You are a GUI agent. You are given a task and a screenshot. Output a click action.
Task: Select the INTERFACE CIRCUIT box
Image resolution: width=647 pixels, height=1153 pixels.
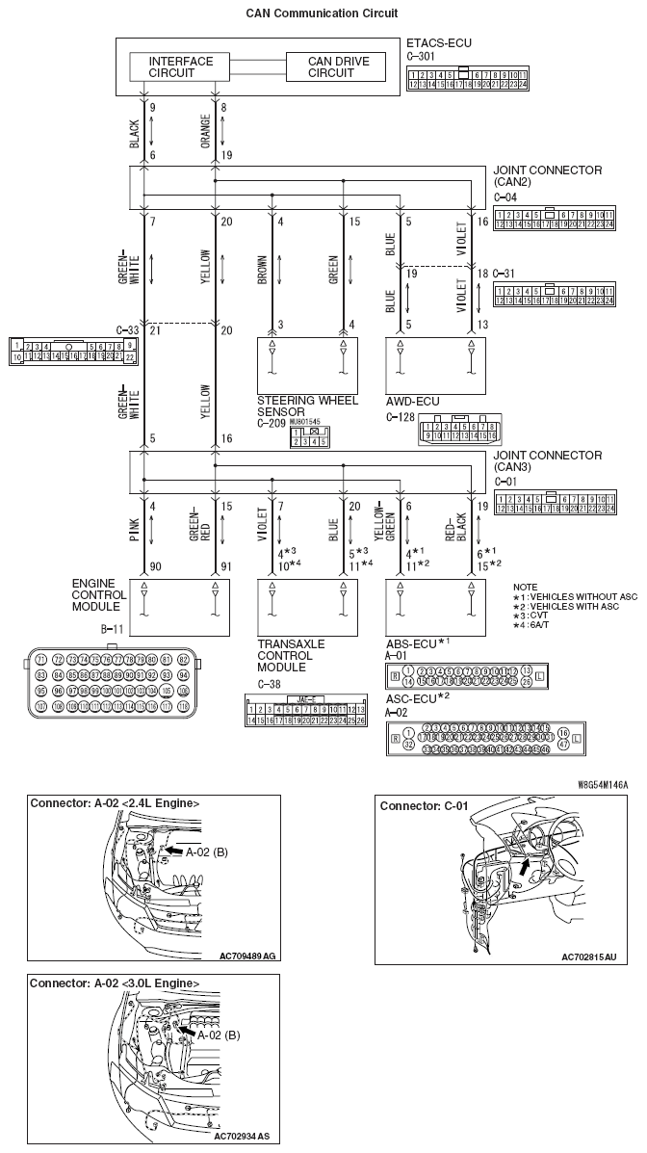181,66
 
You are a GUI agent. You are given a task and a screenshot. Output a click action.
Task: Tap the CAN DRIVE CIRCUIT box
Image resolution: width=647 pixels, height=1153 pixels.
333,66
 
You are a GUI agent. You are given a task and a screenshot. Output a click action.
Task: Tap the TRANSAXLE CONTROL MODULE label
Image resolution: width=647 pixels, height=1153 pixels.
291,655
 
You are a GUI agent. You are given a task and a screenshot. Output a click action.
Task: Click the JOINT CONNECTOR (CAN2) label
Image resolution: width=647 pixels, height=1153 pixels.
547,176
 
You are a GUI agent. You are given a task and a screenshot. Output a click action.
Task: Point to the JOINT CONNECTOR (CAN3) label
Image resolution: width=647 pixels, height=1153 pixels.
547,459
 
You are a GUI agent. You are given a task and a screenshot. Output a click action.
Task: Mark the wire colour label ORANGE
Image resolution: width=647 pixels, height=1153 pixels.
204,129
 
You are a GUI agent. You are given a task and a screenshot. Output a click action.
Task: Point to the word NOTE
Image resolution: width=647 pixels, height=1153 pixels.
526,587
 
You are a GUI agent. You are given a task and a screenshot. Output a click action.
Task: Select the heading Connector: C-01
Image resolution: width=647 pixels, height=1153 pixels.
418,805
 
